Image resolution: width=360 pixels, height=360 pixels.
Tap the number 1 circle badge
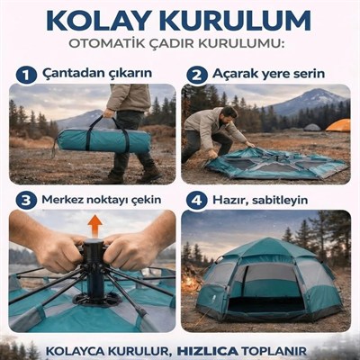[x=26, y=75]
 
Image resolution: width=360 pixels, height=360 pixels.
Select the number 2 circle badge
[x=196, y=75]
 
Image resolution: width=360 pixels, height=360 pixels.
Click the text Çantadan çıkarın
[x=99, y=75]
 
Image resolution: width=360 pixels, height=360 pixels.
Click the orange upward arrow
[x=94, y=224]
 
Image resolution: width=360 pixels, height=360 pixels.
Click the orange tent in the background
[x=338, y=125]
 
